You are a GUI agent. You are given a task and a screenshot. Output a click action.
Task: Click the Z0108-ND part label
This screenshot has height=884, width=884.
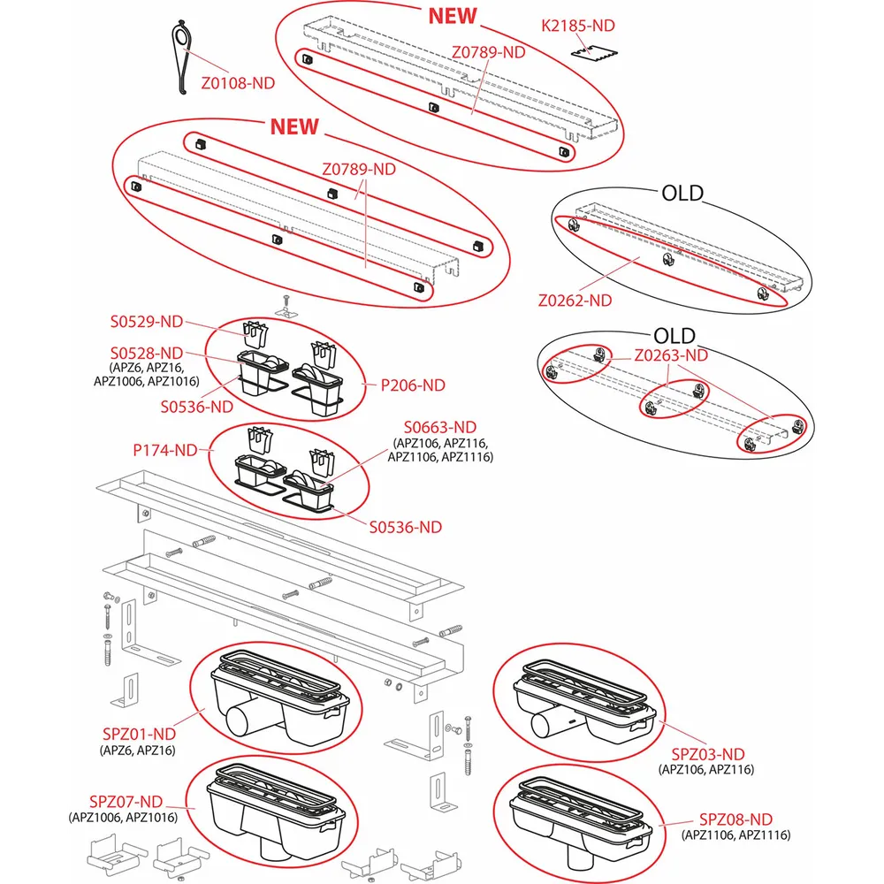(x=238, y=82)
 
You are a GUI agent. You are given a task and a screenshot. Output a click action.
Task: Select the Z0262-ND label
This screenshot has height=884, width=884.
(x=575, y=301)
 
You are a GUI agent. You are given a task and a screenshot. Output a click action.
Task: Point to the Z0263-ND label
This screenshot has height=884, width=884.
(x=672, y=355)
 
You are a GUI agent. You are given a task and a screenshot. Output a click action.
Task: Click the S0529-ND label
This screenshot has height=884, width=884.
(x=147, y=322)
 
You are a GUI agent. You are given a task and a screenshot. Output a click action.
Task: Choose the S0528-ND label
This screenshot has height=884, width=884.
(x=147, y=352)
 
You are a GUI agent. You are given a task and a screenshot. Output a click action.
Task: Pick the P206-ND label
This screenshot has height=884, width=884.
(x=413, y=385)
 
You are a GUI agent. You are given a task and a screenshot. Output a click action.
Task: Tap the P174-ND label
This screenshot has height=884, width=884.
(x=165, y=450)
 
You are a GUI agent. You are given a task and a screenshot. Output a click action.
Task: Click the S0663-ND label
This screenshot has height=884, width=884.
(x=440, y=428)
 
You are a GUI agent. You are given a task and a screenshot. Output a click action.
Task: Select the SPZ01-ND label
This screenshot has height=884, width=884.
(x=140, y=734)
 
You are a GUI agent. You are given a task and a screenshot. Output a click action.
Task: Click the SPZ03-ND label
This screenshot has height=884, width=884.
(x=707, y=754)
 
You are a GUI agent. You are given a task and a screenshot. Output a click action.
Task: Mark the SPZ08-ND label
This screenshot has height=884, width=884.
(x=735, y=819)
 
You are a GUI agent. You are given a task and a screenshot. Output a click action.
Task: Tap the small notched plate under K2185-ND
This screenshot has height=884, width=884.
(x=591, y=56)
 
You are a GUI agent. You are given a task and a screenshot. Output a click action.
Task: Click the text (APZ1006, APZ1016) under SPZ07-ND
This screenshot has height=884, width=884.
(x=125, y=818)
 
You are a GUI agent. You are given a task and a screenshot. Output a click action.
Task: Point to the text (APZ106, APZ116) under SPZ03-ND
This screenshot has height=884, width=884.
(x=706, y=770)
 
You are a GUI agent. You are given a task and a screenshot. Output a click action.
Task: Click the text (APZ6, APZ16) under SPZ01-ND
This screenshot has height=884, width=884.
(x=139, y=750)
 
